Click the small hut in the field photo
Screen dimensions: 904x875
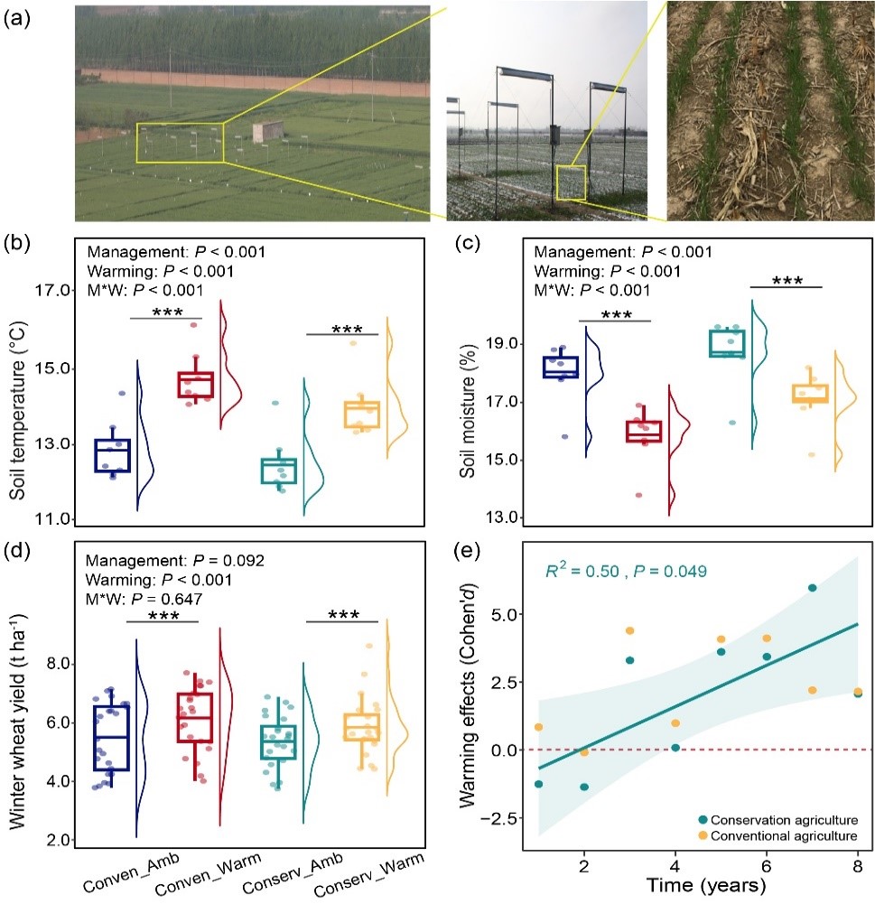click(x=267, y=133)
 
